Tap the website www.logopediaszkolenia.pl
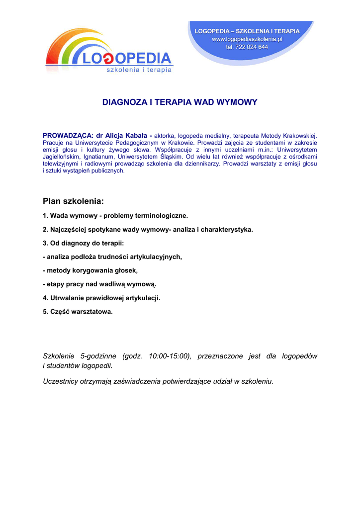pyautogui.click(x=247, y=39)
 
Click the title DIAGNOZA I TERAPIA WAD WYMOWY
pyautogui.click(x=180, y=103)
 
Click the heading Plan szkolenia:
pyautogui.click(x=74, y=201)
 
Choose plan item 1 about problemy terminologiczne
pyautogui.click(x=115, y=216)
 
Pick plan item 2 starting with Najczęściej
pyautogui.click(x=148, y=230)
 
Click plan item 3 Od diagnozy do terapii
pyautogui.click(x=83, y=243)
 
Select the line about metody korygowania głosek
pyautogui.click(x=90, y=270)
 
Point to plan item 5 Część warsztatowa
pyautogui.click(x=78, y=312)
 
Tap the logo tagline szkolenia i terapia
pyautogui.click(x=139, y=70)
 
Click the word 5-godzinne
pyautogui.click(x=98, y=356)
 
